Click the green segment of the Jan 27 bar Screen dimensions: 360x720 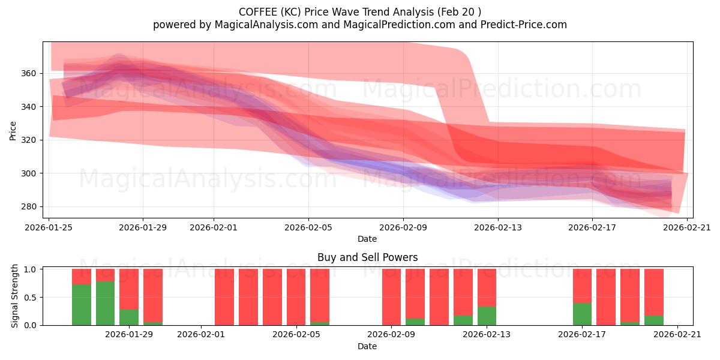pyautogui.click(x=82, y=305)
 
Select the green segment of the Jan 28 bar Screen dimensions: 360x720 pyautogui.click(x=105, y=303)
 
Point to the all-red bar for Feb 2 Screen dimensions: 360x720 pyautogui.click(x=224, y=297)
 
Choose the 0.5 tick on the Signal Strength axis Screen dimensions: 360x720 pyautogui.click(x=31, y=297)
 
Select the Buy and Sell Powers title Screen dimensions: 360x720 pyautogui.click(x=367, y=257)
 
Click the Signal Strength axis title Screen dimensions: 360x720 pyautogui.click(x=15, y=296)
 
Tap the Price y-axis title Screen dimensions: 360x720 pyautogui.click(x=13, y=130)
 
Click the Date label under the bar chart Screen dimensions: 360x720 pyautogui.click(x=367, y=346)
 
